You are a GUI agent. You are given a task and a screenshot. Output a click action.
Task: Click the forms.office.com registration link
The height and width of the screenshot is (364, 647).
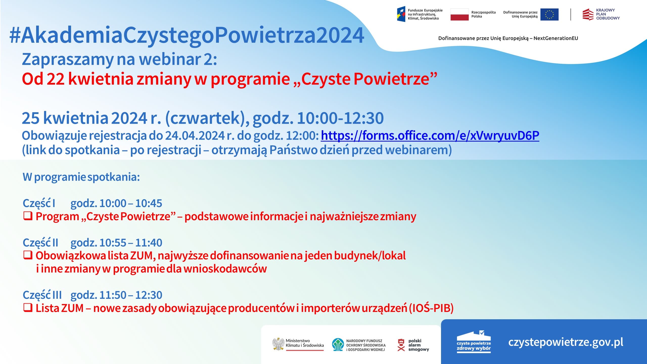click(430, 136)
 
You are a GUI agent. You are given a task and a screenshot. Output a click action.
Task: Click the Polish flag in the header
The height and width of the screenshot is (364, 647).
click(459, 14)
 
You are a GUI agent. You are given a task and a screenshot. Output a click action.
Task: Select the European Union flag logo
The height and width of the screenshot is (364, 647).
click(549, 14)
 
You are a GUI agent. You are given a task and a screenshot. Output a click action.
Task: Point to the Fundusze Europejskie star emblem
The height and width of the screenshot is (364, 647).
click(401, 14)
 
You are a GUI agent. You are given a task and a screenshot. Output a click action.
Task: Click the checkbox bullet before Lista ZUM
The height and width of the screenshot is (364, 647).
click(28, 308)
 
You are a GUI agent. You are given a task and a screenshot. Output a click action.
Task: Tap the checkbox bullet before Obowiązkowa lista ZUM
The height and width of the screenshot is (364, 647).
click(28, 255)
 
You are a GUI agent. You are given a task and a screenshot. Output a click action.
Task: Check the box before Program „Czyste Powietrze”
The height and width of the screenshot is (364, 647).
click(28, 216)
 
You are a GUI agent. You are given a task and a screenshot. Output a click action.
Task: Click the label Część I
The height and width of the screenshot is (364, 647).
click(39, 203)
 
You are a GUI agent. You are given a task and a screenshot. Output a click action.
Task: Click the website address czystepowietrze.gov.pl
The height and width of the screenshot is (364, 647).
click(566, 342)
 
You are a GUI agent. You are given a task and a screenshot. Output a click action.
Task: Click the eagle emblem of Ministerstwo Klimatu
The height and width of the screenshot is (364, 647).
click(278, 344)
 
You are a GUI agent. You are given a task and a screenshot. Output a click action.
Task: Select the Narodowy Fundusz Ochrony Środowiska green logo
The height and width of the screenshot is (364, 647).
click(338, 345)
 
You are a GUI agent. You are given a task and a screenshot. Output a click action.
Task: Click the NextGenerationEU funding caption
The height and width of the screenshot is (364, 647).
click(508, 38)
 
